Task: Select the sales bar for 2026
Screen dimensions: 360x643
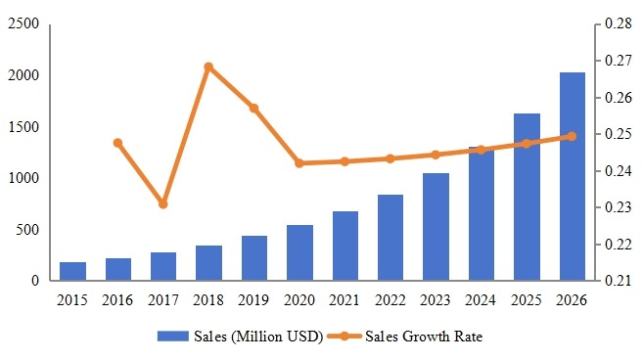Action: [x=573, y=177]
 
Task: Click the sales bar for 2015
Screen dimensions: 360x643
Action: [x=72, y=271]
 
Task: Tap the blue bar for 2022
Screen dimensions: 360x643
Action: [x=390, y=238]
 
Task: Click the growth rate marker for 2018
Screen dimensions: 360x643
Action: [x=208, y=67]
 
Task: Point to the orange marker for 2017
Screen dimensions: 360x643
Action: [x=163, y=203]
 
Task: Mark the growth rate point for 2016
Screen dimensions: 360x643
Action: [x=117, y=143]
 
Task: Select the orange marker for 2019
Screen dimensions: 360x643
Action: [x=254, y=108]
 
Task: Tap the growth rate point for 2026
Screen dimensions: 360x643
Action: [x=573, y=137]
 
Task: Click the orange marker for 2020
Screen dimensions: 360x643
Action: [x=299, y=163]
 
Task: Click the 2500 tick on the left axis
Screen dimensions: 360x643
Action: [x=23, y=24]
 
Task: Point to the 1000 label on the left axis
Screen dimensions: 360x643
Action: [x=23, y=178]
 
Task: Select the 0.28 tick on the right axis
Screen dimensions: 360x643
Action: [x=618, y=24]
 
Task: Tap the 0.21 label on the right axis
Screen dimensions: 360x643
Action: [x=618, y=282]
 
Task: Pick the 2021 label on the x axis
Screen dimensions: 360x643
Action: [x=344, y=300]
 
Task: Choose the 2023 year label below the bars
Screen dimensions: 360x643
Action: [x=436, y=300]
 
